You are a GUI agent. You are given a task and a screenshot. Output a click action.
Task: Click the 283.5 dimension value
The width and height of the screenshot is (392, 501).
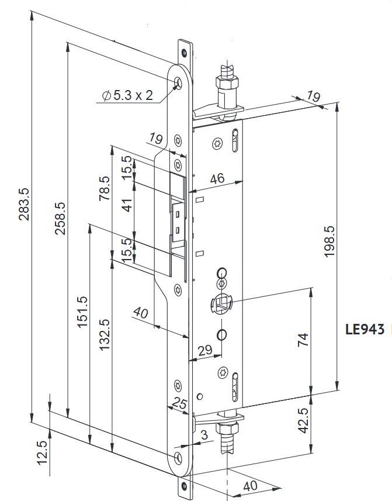click(x=24, y=204)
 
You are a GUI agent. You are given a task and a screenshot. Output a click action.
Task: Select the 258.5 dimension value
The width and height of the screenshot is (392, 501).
click(x=61, y=219)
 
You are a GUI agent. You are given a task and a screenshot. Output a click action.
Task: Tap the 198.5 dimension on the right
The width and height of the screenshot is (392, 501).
click(x=328, y=242)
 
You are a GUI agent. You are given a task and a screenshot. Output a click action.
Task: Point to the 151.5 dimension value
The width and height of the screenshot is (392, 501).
click(x=82, y=312)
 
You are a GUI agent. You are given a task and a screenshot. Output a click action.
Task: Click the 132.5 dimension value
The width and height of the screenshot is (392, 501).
click(x=105, y=334)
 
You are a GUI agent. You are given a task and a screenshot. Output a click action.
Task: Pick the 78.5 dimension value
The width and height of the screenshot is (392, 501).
click(x=105, y=189)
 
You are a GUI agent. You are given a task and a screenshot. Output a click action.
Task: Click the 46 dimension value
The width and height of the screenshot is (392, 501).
click(x=217, y=179)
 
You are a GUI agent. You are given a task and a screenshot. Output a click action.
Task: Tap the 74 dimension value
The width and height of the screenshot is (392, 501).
click(x=303, y=340)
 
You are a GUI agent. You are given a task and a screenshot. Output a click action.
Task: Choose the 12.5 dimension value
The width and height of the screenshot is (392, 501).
click(x=41, y=452)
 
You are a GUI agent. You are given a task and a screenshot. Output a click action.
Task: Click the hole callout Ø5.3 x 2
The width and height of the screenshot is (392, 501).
click(x=127, y=95)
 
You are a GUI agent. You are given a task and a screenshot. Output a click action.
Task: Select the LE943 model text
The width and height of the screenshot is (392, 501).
click(x=365, y=329)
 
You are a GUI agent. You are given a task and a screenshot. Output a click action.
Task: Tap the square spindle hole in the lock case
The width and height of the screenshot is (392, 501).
click(x=221, y=303)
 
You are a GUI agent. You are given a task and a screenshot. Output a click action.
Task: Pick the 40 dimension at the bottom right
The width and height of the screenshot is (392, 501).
click(x=249, y=486)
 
